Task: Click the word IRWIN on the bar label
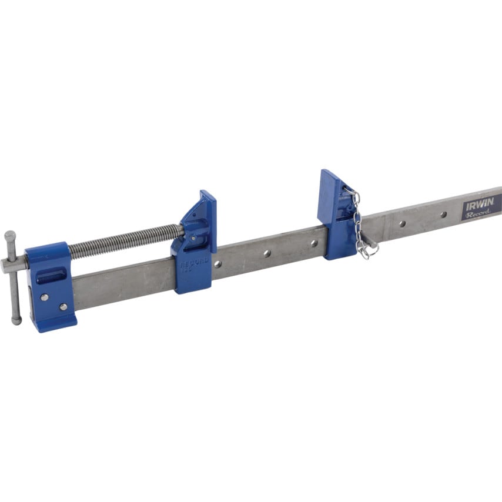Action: pos(478,206)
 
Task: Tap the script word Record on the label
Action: pos(477,215)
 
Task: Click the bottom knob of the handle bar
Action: pos(16,320)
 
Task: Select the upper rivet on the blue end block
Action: pos(44,297)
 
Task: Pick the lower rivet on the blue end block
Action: pos(63,306)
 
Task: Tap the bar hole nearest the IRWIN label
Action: pos(443,215)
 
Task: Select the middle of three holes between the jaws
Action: pos(266,253)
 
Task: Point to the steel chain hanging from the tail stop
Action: pos(357,223)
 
